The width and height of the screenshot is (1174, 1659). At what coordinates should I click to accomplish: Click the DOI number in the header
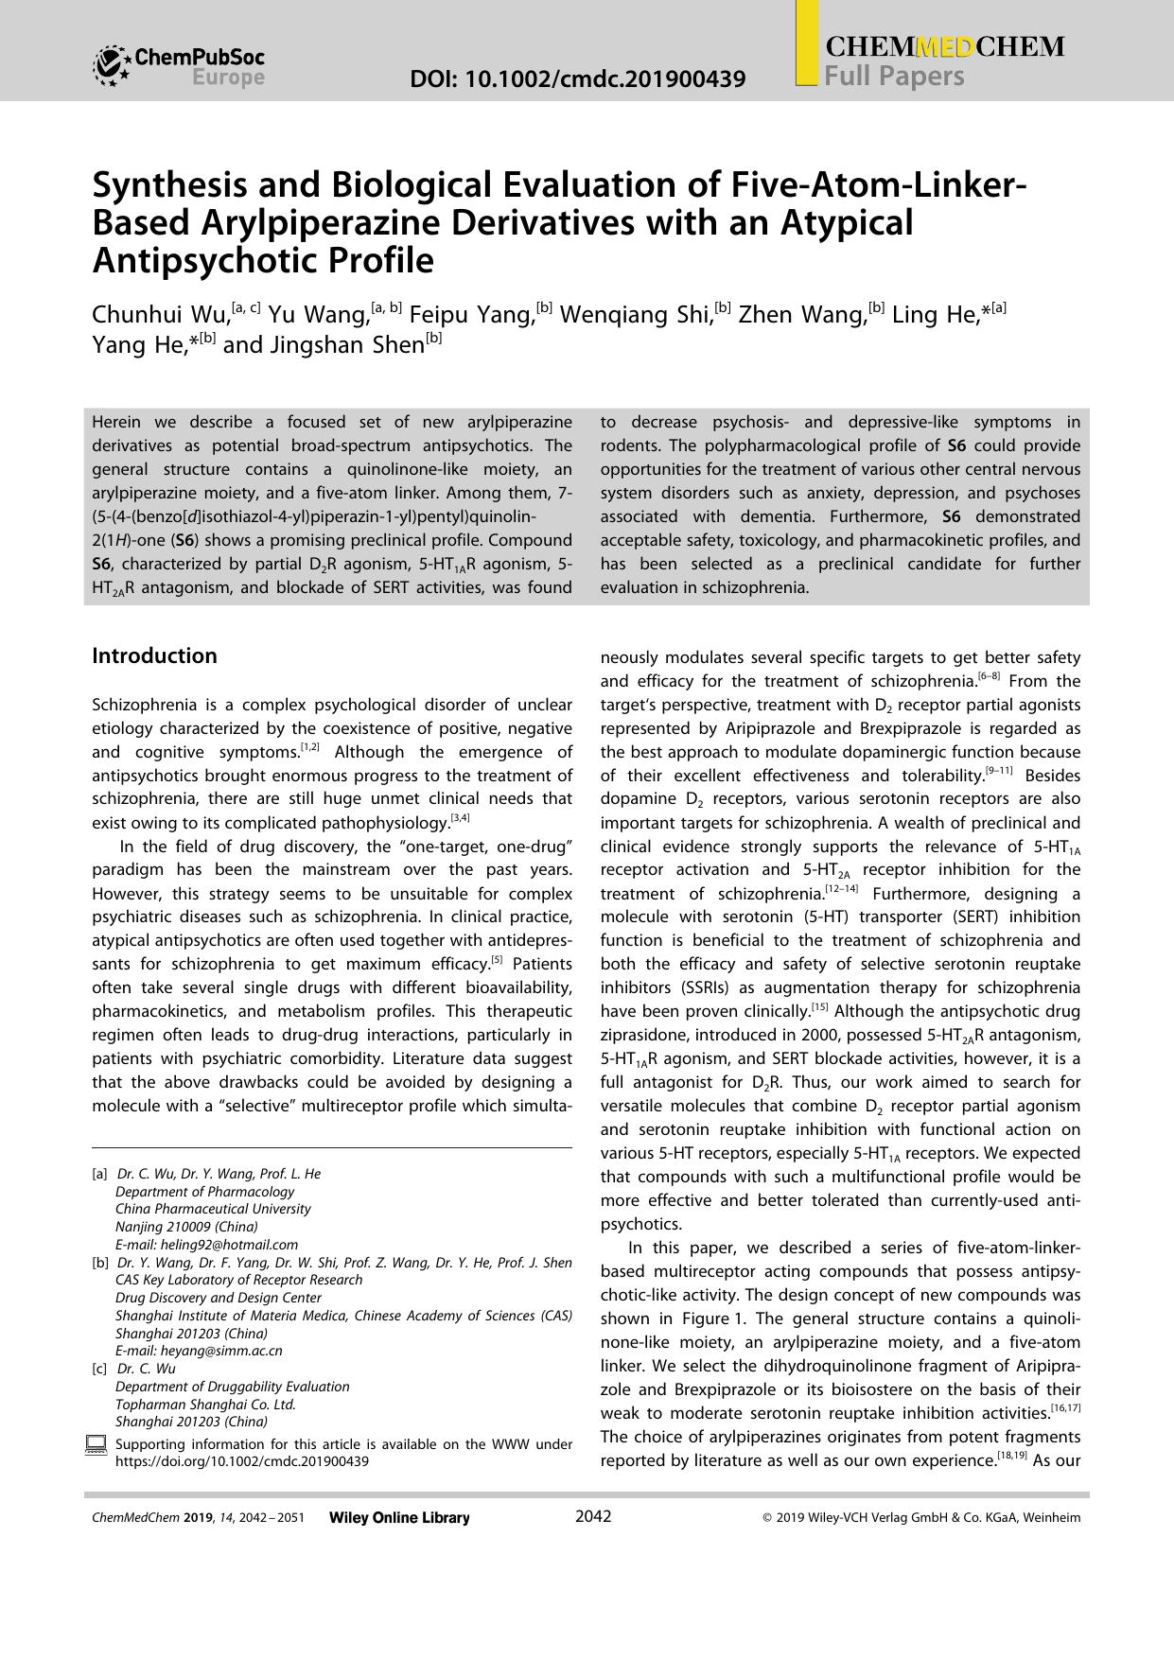[578, 79]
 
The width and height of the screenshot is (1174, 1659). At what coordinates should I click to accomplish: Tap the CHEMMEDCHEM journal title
[945, 47]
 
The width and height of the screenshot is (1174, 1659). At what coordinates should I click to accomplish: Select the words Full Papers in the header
[894, 76]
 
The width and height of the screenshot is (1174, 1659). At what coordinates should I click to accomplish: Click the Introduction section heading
[154, 655]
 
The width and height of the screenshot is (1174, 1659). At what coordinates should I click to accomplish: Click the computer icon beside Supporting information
[96, 1445]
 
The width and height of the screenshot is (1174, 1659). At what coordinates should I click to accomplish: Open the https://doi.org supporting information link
[242, 1461]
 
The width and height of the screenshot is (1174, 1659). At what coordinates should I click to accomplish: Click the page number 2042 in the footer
[593, 1517]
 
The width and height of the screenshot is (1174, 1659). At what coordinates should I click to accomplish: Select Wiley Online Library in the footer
[399, 1518]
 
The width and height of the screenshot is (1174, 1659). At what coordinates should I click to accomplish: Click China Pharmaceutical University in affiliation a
[213, 1209]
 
